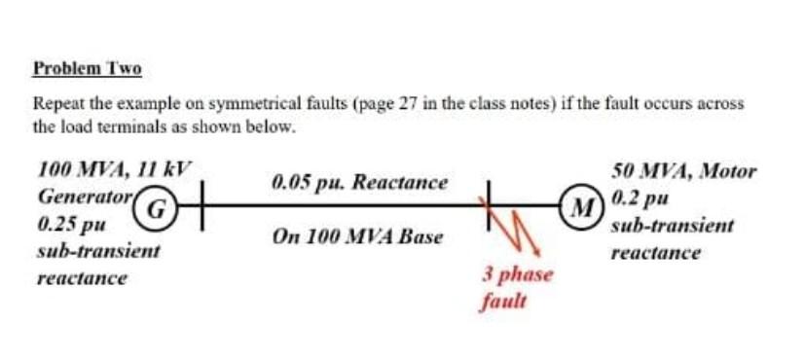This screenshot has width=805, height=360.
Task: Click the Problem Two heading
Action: click(x=88, y=69)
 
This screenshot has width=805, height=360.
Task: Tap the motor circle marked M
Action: click(x=583, y=206)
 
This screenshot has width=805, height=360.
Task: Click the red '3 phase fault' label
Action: click(x=517, y=287)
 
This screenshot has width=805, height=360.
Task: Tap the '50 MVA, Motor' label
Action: click(x=684, y=171)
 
